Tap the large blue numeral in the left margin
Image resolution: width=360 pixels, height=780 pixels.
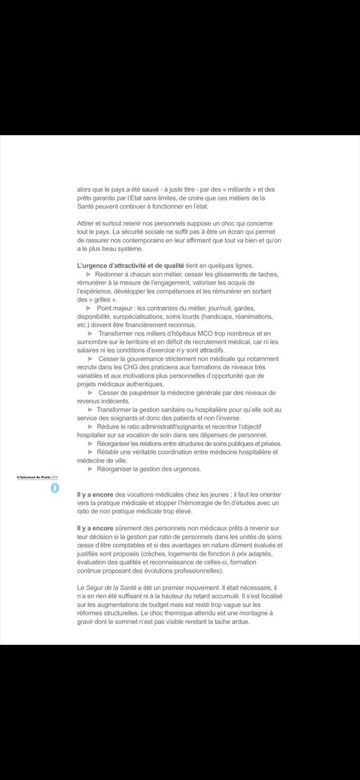click(54, 487)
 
